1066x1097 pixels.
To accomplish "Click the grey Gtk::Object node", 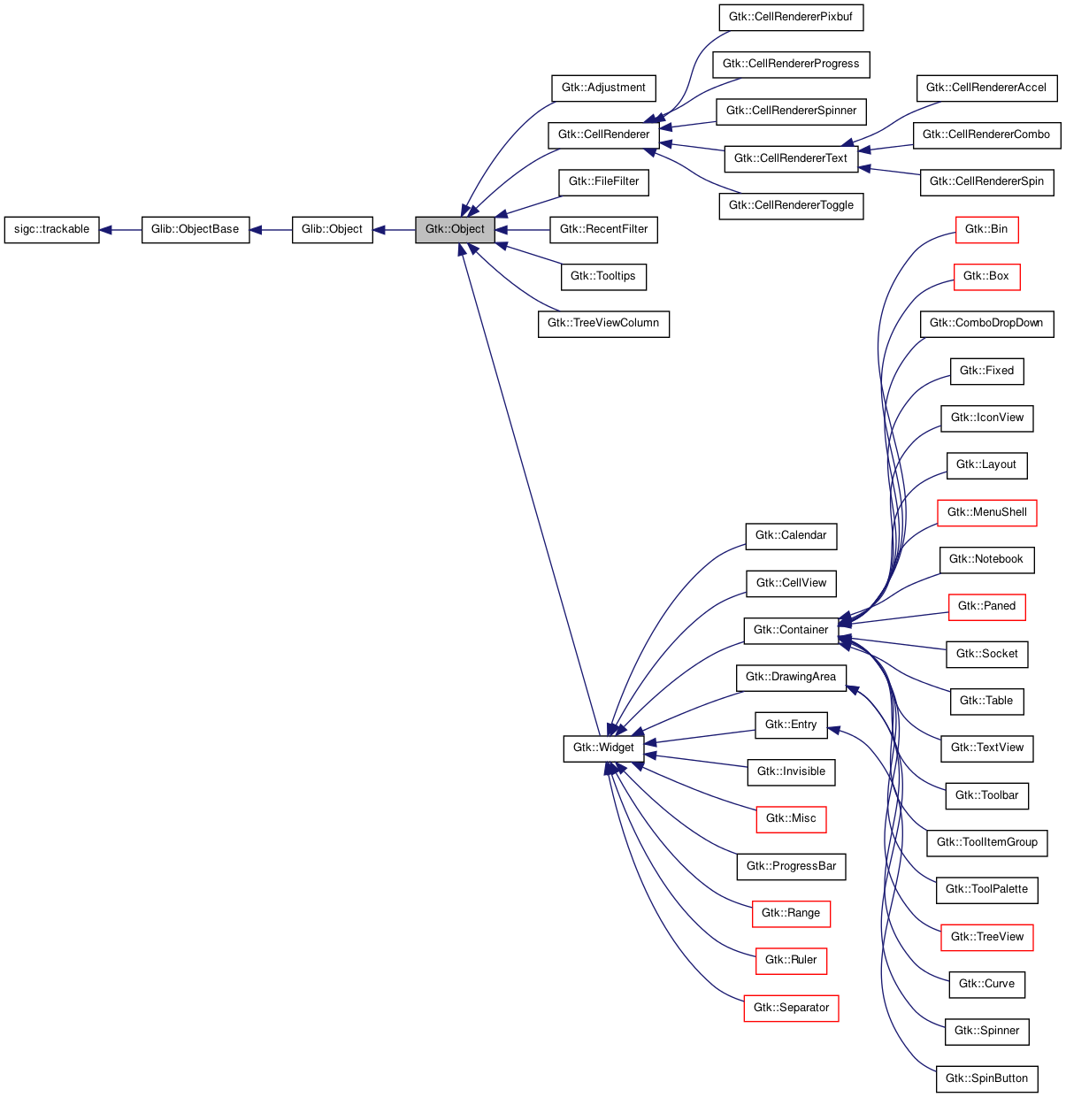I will (455, 229).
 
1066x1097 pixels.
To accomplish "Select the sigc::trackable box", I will (51, 229).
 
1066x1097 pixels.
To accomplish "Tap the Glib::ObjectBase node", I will (196, 229).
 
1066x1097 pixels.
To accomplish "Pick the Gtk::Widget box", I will (603, 748).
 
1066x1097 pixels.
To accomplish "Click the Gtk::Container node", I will (791, 630).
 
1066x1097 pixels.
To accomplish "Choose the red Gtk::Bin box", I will (986, 229).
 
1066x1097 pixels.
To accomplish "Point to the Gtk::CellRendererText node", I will (791, 158).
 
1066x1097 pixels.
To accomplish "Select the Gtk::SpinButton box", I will (986, 1078).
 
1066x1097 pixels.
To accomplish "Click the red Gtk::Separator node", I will (791, 1008).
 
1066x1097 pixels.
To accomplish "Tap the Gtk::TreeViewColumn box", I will (603, 323).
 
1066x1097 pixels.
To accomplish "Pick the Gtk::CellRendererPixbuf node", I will (791, 17).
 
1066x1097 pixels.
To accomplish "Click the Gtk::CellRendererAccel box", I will (986, 88).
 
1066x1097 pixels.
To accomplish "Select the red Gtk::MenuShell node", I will (986, 512).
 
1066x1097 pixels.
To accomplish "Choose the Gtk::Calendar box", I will (791, 535).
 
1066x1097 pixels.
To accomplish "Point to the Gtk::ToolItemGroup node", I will (986, 842).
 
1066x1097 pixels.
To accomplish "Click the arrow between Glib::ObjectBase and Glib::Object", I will (271, 230).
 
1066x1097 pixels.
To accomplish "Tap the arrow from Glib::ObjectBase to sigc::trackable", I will (120, 230).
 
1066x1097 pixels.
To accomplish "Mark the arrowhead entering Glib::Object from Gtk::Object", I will (380, 230).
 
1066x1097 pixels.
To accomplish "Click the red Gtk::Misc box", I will (791, 818).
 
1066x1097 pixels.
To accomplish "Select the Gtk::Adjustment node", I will (603, 88).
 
